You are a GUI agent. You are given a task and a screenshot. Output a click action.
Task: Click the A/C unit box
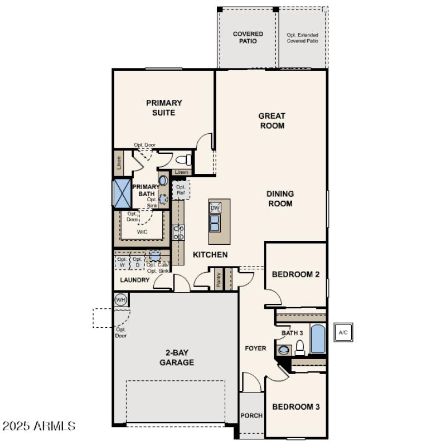click(x=343, y=333)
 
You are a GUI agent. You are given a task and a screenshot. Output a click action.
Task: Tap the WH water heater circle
click(x=121, y=300)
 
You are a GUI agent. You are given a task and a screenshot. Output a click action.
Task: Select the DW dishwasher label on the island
click(x=215, y=208)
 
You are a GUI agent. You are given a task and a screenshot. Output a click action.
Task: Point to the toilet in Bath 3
click(x=300, y=348)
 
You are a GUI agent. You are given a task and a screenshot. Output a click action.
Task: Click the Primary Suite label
click(x=164, y=108)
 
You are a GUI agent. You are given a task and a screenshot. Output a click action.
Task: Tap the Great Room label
click(x=272, y=120)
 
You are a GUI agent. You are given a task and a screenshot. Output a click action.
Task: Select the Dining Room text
click(x=279, y=198)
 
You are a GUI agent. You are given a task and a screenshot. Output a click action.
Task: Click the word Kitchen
click(x=210, y=255)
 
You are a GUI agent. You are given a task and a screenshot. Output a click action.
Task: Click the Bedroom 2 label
click(x=295, y=274)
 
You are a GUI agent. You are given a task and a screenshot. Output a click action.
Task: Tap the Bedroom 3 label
click(x=295, y=407)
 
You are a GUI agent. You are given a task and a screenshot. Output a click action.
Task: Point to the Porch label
click(x=251, y=416)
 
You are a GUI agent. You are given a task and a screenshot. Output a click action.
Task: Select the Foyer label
click(x=256, y=348)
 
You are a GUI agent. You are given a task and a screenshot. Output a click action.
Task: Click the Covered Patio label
click(x=248, y=37)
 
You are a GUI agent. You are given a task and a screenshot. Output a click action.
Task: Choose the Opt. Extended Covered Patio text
click(x=303, y=37)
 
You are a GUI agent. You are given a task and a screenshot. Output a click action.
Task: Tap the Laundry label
click(x=134, y=280)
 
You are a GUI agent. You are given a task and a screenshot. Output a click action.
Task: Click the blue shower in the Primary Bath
click(x=122, y=192)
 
